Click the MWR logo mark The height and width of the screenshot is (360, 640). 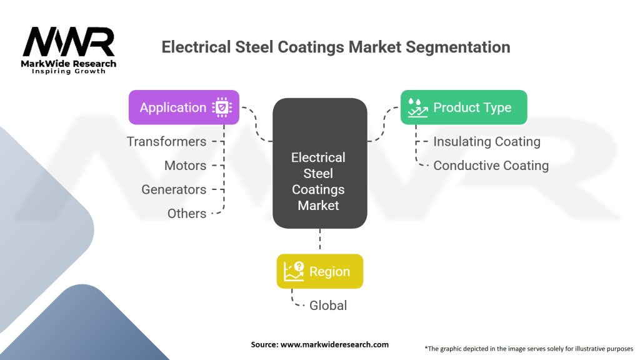click(69, 42)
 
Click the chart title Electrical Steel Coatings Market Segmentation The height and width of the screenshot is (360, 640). click(336, 47)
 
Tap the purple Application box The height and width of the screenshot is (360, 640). click(184, 107)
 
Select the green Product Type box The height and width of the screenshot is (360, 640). click(463, 107)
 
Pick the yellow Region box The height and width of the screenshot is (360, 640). click(319, 271)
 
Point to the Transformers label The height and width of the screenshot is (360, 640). click(166, 141)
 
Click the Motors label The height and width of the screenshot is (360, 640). click(185, 166)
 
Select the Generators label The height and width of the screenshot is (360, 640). click(174, 189)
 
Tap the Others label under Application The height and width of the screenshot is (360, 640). click(186, 213)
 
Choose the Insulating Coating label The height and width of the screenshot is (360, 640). click(487, 141)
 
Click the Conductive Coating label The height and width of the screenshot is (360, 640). click(491, 166)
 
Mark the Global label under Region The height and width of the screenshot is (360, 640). click(328, 306)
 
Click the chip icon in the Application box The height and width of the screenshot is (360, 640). click(222, 107)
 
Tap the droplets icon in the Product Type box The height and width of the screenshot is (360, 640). click(416, 107)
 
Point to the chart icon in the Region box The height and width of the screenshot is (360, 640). click(294, 271)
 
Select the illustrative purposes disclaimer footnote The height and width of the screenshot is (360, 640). click(529, 347)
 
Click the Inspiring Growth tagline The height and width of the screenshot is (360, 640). click(69, 72)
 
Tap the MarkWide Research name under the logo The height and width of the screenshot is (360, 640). click(69, 64)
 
